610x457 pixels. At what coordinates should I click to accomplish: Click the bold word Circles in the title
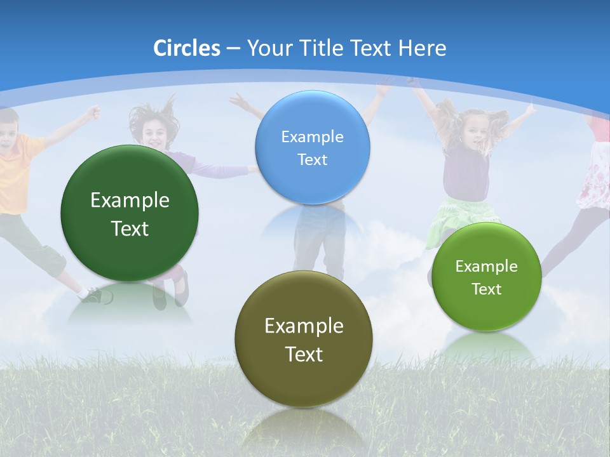[186, 48]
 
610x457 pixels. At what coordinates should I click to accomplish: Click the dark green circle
[130, 213]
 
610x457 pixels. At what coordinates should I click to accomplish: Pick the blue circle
[312, 147]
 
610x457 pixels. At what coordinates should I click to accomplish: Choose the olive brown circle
[303, 338]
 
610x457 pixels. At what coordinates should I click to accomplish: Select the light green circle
[487, 277]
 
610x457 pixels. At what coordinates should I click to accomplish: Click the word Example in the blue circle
[312, 136]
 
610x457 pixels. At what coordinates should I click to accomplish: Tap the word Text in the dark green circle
[130, 228]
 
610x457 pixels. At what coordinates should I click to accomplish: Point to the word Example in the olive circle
[304, 326]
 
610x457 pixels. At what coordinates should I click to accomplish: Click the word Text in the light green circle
[487, 289]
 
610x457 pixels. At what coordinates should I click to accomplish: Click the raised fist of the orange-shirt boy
[94, 112]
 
